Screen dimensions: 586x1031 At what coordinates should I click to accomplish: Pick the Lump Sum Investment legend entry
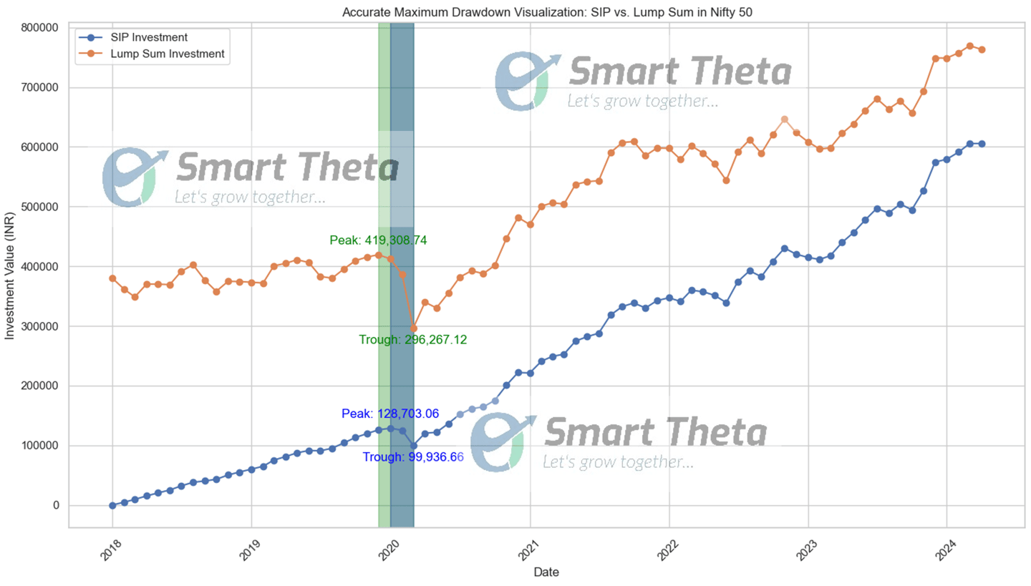click(x=173, y=54)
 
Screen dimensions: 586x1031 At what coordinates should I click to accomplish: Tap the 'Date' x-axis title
click(x=546, y=572)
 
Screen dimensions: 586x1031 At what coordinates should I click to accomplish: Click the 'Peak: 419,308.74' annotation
click(x=378, y=240)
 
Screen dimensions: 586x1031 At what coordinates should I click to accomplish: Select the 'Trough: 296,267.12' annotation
click(x=413, y=340)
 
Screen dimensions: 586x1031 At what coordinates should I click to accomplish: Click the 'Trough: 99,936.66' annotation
click(x=413, y=456)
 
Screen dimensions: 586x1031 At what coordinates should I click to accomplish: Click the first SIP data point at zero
click(x=112, y=505)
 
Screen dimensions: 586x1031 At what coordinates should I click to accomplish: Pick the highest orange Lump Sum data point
click(x=969, y=46)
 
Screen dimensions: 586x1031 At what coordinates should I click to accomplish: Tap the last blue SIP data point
click(x=981, y=144)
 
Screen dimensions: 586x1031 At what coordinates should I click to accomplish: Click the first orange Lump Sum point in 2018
click(x=112, y=278)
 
